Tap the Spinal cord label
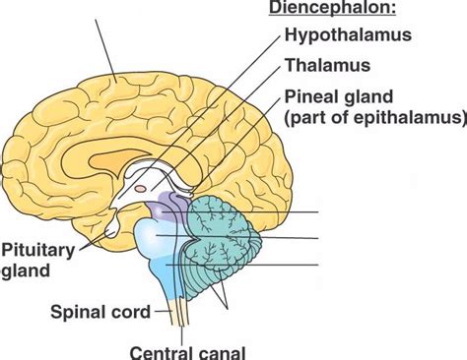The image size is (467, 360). [100, 313]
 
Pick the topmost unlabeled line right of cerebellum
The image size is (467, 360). [286, 211]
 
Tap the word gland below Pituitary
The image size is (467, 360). [23, 269]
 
